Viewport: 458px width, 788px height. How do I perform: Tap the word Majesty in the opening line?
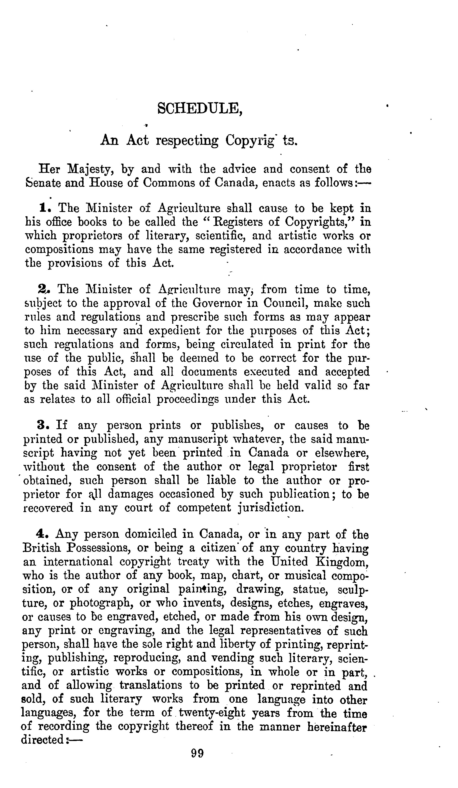(90, 169)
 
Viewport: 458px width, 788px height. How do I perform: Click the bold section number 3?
(42, 425)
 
